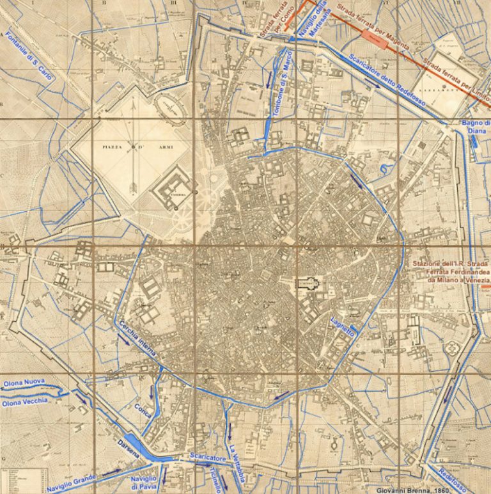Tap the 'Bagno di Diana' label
476,127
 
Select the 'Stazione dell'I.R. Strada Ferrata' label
449,273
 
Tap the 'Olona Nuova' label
24,382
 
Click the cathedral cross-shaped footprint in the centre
310,284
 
